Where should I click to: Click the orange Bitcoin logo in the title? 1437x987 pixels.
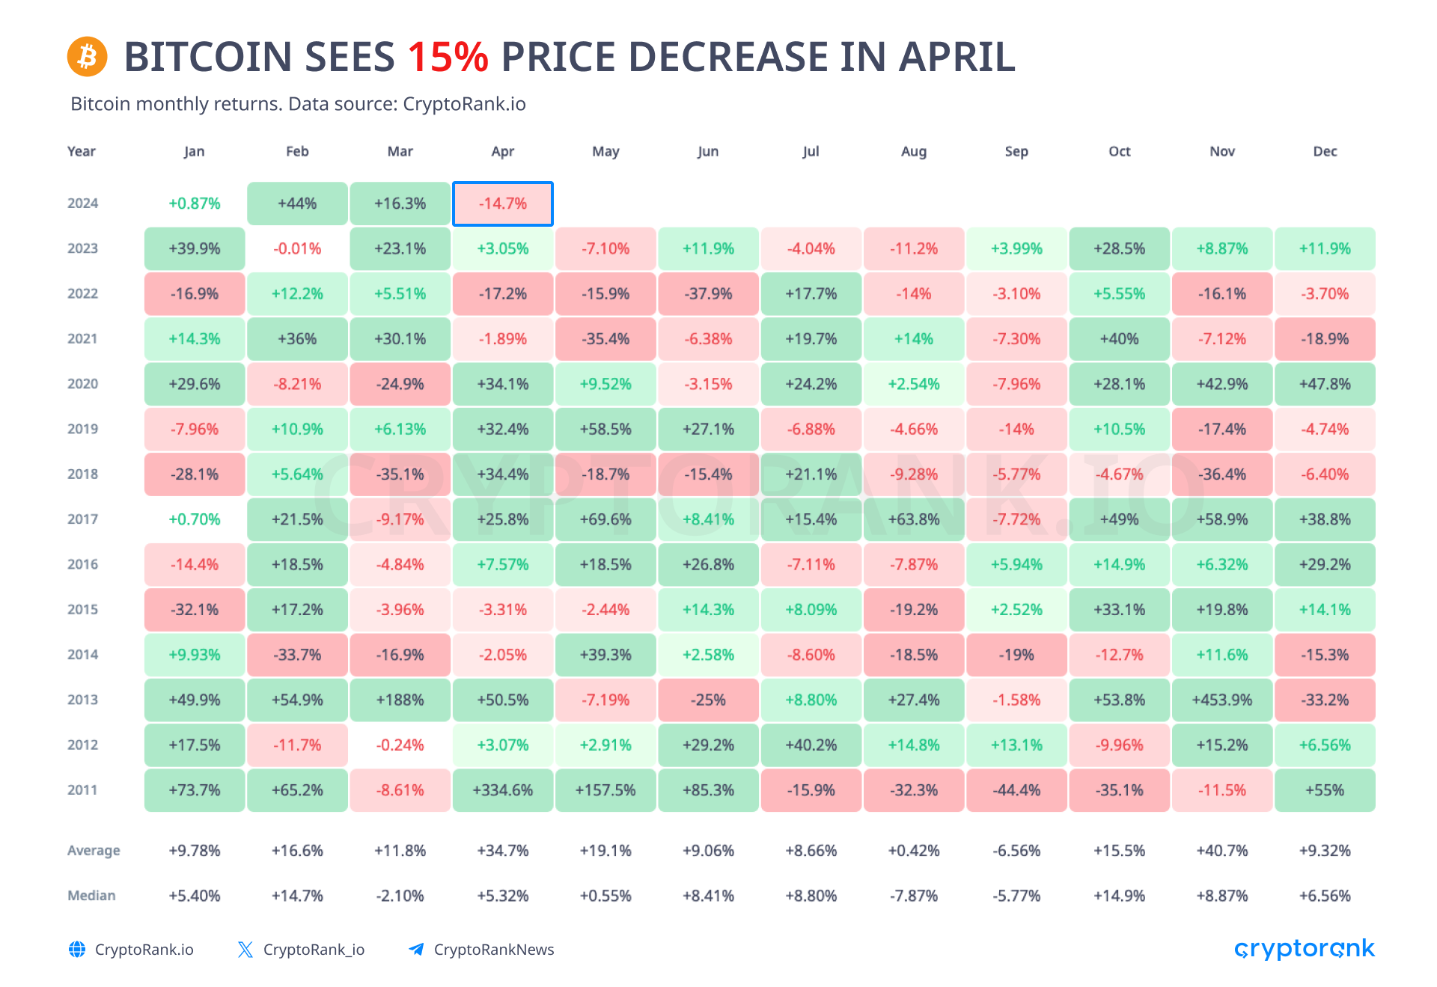pos(88,56)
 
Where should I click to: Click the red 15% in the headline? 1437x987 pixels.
pos(448,57)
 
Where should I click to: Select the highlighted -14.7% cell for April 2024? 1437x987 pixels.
pos(503,204)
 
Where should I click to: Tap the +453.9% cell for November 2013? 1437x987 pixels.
pos(1222,700)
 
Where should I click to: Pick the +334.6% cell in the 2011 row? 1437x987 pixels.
pos(503,790)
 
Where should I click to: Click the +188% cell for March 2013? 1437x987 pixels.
pos(400,700)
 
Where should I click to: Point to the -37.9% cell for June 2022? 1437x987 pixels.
pos(708,293)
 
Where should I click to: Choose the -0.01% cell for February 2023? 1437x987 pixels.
pos(297,248)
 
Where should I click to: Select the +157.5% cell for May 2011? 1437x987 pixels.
pos(605,790)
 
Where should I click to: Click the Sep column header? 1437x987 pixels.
pos(1016,152)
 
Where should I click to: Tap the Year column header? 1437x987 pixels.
pos(82,151)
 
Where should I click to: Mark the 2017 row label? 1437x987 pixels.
pos(83,519)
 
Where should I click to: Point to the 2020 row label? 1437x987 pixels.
pos(83,384)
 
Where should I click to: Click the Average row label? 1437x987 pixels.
pos(94,851)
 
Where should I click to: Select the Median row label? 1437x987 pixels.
pos(91,896)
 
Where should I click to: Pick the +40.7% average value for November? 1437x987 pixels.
pos(1222,851)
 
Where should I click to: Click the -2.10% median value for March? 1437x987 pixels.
pos(400,896)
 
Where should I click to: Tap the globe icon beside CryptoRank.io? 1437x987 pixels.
pos(77,950)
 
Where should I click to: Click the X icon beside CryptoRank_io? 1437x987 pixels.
pos(245,950)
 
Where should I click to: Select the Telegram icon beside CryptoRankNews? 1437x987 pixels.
pos(415,950)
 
